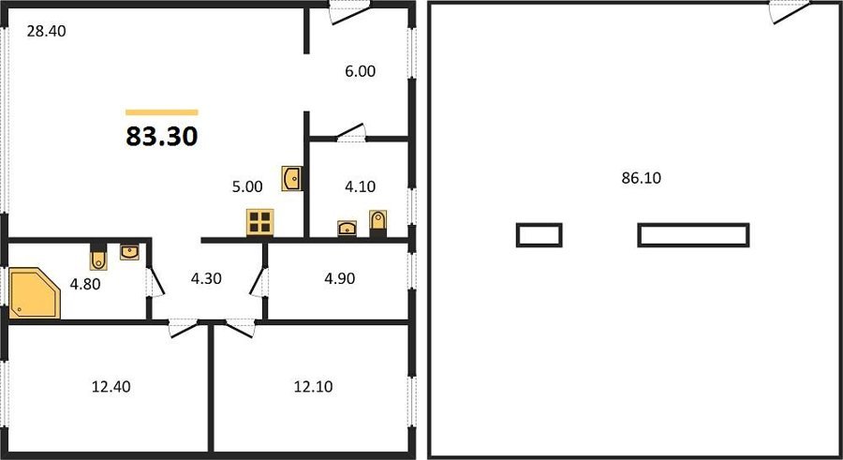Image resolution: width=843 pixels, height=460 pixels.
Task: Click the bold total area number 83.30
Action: click(162, 136)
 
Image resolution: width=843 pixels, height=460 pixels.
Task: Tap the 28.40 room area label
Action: click(47, 31)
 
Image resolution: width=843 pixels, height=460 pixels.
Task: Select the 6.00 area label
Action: click(361, 71)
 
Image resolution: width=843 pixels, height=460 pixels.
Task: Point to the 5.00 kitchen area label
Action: click(247, 186)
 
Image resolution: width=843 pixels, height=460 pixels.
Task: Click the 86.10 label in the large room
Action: click(642, 178)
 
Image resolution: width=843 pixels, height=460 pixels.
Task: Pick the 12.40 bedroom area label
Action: click(111, 387)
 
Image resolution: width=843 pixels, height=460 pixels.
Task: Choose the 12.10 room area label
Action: click(314, 387)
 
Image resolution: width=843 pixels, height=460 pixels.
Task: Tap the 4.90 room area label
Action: click(340, 278)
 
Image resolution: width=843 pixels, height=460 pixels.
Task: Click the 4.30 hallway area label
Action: click(206, 278)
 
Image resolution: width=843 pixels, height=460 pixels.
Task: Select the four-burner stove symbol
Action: click(260, 222)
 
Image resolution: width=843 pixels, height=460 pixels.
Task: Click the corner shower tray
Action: click(35, 293)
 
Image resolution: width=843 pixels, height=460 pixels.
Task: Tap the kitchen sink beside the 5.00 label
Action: click(291, 179)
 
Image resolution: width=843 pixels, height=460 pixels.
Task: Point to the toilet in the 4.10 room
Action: click(378, 223)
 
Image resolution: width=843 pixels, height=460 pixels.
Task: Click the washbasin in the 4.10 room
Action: click(348, 228)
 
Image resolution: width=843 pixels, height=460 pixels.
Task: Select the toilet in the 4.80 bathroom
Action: click(98, 257)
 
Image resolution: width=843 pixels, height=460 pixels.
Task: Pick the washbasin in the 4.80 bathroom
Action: click(129, 251)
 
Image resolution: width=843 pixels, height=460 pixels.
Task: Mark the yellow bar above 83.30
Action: click(162, 112)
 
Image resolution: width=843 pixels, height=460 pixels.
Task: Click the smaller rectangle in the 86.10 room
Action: click(540, 235)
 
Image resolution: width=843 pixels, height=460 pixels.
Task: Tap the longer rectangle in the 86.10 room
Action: click(693, 235)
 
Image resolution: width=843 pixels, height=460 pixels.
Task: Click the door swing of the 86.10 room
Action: click(790, 12)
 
